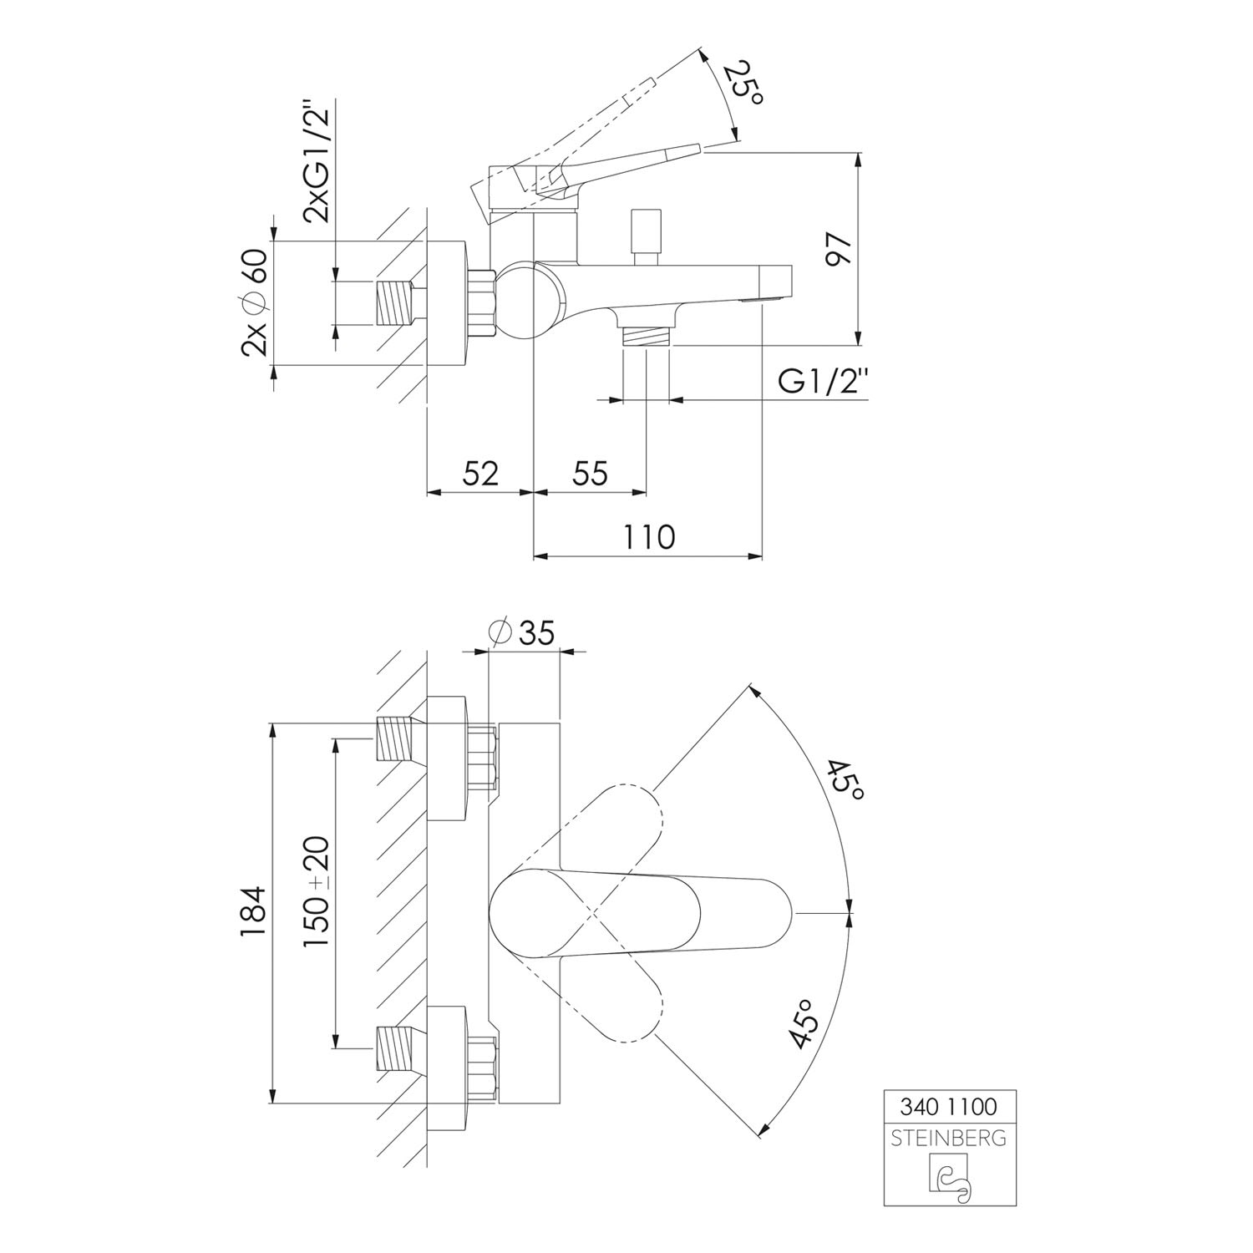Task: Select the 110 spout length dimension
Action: point(648,536)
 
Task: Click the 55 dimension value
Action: point(590,473)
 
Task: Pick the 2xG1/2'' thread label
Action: point(317,161)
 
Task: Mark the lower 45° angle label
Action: point(802,1022)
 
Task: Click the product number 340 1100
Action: point(950,1107)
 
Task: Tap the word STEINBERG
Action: point(950,1139)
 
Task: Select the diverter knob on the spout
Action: point(645,236)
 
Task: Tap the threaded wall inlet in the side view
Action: point(398,303)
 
